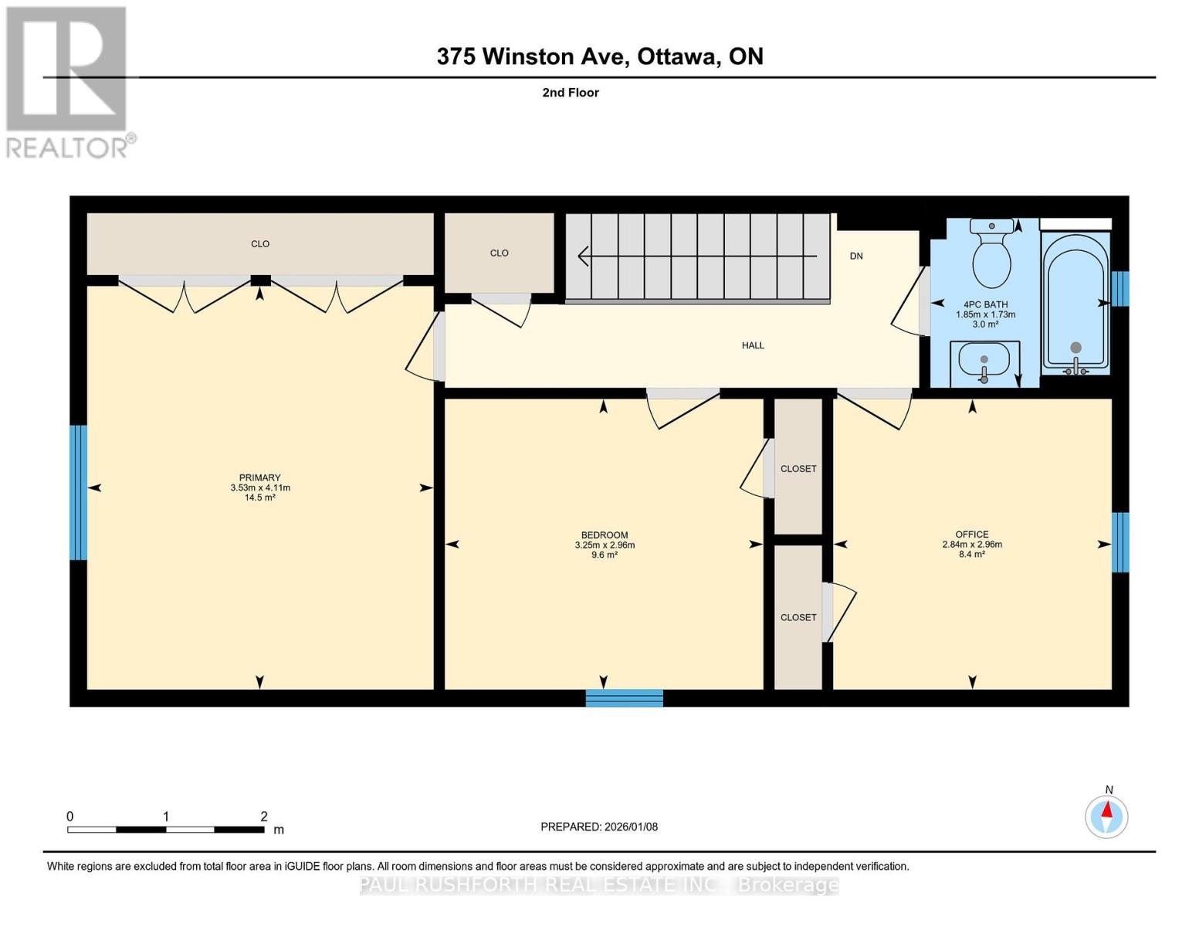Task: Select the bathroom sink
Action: coord(984,361)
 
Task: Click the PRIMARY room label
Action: coord(259,477)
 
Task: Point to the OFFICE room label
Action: coord(971,534)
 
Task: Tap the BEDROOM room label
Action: coord(604,535)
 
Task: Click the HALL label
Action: coord(753,345)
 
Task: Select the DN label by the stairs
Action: coord(855,256)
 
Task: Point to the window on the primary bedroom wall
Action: coord(78,492)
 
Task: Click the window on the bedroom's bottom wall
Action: coord(624,698)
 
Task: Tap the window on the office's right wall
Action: coord(1119,542)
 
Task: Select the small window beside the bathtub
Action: coord(1119,288)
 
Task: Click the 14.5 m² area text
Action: coord(259,498)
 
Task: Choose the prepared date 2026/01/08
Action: coord(598,827)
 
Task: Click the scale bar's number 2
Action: coord(264,817)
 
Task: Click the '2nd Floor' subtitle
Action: coord(571,93)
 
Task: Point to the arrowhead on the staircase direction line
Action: coord(583,256)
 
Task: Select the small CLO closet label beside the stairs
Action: coord(499,253)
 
